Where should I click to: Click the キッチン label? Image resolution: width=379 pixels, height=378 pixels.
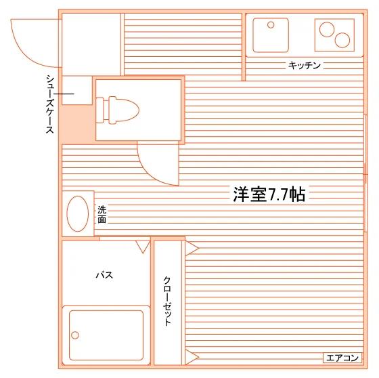pos(305,65)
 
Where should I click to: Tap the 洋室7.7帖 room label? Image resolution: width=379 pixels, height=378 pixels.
pos(269,194)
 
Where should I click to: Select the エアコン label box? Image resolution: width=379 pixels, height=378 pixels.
pos(342,358)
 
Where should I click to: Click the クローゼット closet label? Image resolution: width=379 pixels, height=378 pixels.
pos(167,301)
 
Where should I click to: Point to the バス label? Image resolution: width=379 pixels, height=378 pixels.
pos(104,275)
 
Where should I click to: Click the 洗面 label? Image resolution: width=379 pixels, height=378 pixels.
pos(102,214)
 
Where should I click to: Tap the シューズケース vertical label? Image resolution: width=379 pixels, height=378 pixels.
pos(50,104)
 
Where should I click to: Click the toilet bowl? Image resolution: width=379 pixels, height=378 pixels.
pos(124,110)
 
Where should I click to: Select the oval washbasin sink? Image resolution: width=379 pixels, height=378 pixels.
pos(78,213)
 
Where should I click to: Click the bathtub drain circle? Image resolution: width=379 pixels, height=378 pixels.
pos(75,335)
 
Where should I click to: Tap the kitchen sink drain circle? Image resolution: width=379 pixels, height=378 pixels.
pos(271,24)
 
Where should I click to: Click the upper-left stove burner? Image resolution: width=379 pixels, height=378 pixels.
pos(327,30)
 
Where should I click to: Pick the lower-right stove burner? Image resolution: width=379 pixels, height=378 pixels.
pos(342,40)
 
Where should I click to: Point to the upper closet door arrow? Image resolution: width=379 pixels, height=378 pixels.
pos(192,249)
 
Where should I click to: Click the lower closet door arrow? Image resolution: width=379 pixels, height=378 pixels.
pos(192,357)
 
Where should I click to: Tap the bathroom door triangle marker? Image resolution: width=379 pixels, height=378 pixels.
pos(143,247)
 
